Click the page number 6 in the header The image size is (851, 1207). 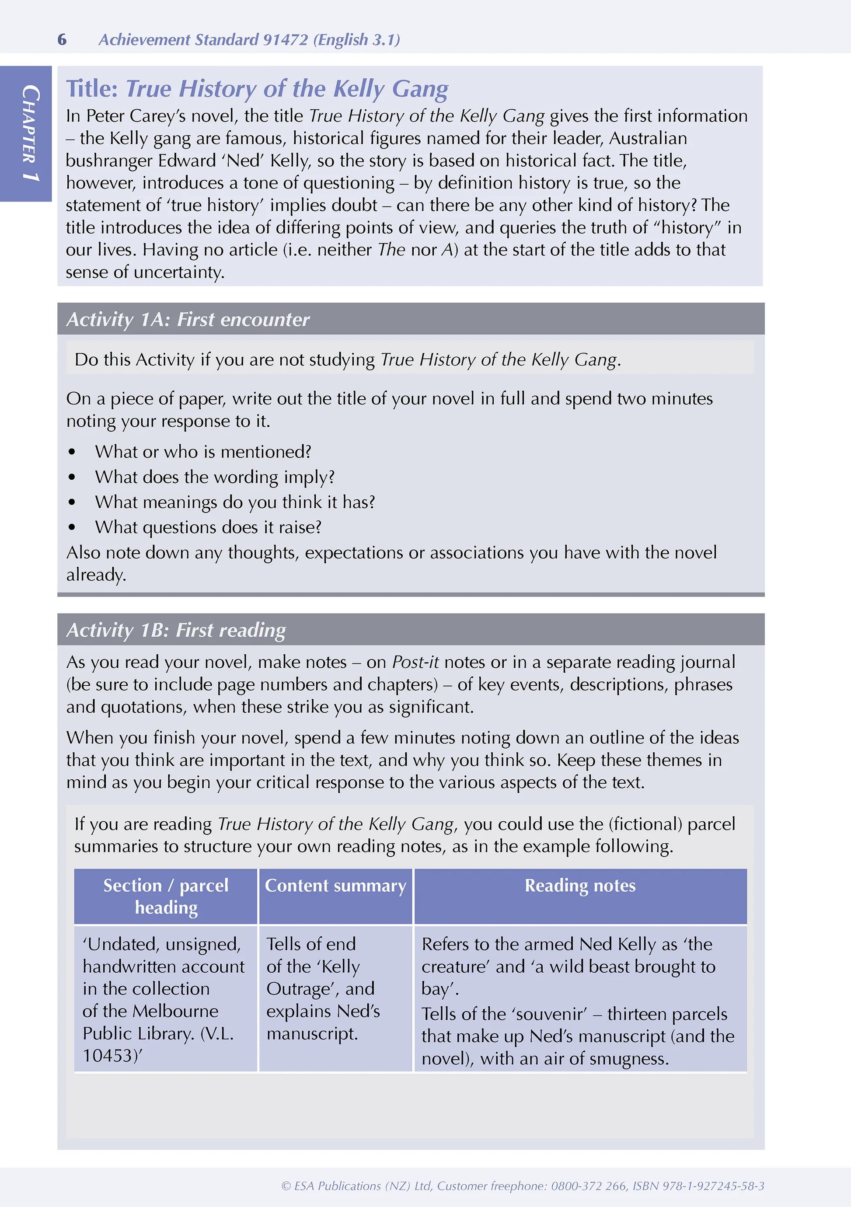62,40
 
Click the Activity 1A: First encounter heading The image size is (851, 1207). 188,320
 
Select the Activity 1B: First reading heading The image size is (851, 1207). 176,630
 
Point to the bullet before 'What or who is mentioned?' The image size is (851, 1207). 72,452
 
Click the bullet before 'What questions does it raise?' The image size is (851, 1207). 72,527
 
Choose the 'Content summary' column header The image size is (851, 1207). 335,886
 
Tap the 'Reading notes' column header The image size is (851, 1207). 580,886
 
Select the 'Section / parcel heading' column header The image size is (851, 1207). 166,897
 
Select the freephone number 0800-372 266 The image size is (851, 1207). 589,1186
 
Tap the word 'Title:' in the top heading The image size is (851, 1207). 92,88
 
